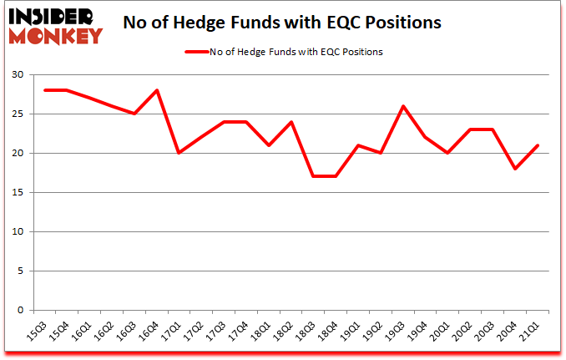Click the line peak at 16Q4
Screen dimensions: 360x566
pos(156,90)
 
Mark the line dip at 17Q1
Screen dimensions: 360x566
pos(179,153)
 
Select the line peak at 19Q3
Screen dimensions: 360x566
pos(404,106)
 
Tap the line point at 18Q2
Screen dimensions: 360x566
pos(291,122)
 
